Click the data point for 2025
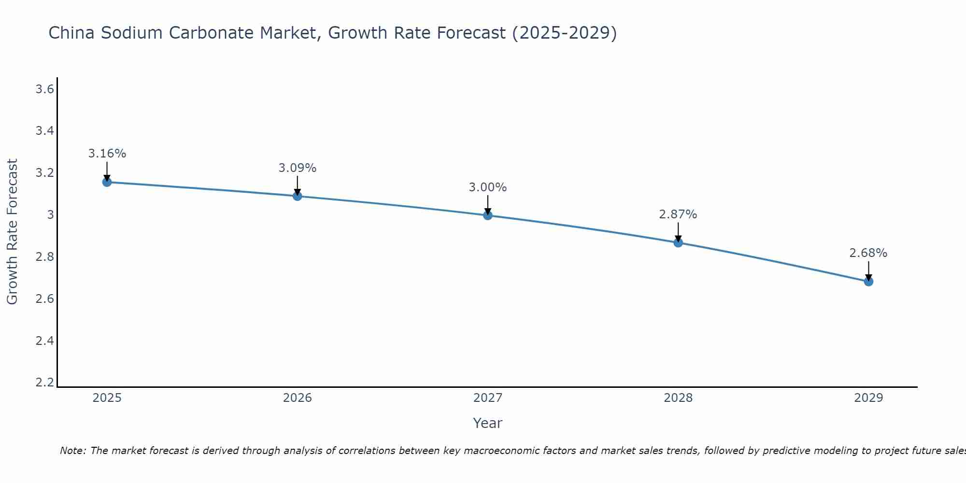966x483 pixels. pyautogui.click(x=107, y=182)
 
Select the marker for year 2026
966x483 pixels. pyautogui.click(x=298, y=196)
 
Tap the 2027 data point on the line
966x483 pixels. pyautogui.click(x=488, y=215)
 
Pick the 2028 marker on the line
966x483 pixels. pyautogui.click(x=678, y=242)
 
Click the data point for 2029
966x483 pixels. pyautogui.click(x=868, y=282)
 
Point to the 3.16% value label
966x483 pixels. pyautogui.click(x=107, y=154)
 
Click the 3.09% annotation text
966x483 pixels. pyautogui.click(x=298, y=168)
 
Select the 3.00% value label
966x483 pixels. pyautogui.click(x=488, y=187)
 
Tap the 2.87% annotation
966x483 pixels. pyautogui.click(x=678, y=214)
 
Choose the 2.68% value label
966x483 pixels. pyautogui.click(x=868, y=253)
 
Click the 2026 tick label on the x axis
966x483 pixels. pyautogui.click(x=298, y=398)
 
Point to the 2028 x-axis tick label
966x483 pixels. pyautogui.click(x=678, y=398)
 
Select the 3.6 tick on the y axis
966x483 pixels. pyautogui.click(x=44, y=89)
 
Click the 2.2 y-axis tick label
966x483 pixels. pyautogui.click(x=44, y=383)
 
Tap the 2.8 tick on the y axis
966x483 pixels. pyautogui.click(x=44, y=257)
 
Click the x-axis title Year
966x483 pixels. pyautogui.click(x=488, y=423)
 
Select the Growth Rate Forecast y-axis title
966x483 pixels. pyautogui.click(x=13, y=232)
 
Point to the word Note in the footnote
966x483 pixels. pyautogui.click(x=72, y=451)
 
